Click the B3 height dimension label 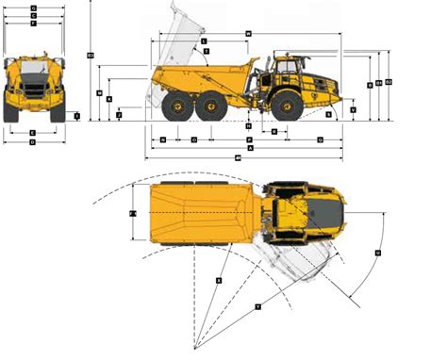click(x=90, y=55)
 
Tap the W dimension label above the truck click(x=247, y=34)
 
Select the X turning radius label click(x=219, y=280)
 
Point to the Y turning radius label click(x=257, y=307)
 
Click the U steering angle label click(x=377, y=253)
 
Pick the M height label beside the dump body click(x=100, y=92)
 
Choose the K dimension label click(x=109, y=99)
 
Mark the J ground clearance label click(x=119, y=115)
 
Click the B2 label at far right click(x=389, y=82)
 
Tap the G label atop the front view click(x=33, y=8)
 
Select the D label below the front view click(x=33, y=142)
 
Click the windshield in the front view click(x=33, y=72)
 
